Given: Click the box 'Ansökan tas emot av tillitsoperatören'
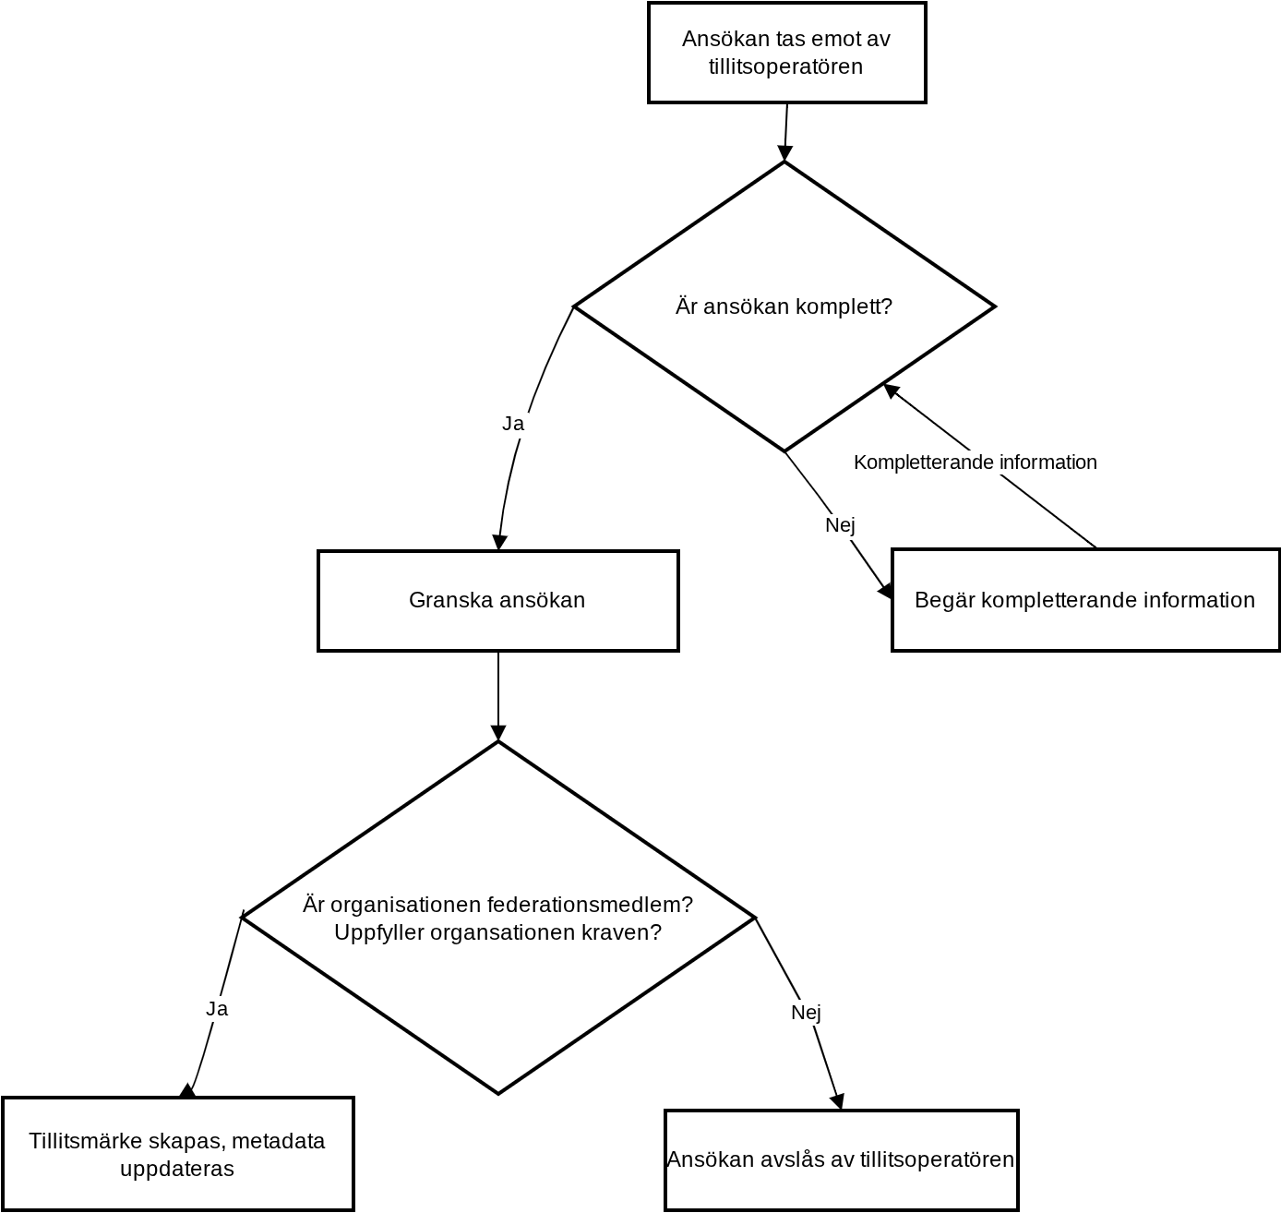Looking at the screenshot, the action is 786,52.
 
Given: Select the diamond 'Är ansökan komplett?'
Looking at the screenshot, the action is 784,306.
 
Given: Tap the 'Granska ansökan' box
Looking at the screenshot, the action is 498,600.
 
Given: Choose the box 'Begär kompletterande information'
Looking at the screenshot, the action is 1085,600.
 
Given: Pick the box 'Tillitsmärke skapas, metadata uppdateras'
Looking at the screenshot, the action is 178,1154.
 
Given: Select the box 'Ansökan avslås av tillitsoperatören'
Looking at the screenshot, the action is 841,1160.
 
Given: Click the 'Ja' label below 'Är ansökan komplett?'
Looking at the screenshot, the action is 513,424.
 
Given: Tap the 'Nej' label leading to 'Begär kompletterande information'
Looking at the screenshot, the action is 840,524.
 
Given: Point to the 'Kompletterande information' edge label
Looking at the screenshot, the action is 976,462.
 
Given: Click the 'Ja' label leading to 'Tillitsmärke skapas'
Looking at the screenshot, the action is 217,1009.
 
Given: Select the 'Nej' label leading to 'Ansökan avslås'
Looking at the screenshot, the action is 806,1013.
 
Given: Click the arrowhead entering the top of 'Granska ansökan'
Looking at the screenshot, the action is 499,542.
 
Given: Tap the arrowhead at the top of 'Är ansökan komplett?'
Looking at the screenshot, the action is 784,152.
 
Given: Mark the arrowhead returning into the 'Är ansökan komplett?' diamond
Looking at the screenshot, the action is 891,390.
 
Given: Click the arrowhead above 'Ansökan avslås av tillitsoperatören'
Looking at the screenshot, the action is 838,1101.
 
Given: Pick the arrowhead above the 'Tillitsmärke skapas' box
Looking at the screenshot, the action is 187,1090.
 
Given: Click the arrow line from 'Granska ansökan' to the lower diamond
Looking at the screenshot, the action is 498,696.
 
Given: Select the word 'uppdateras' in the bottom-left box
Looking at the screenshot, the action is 177,1169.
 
